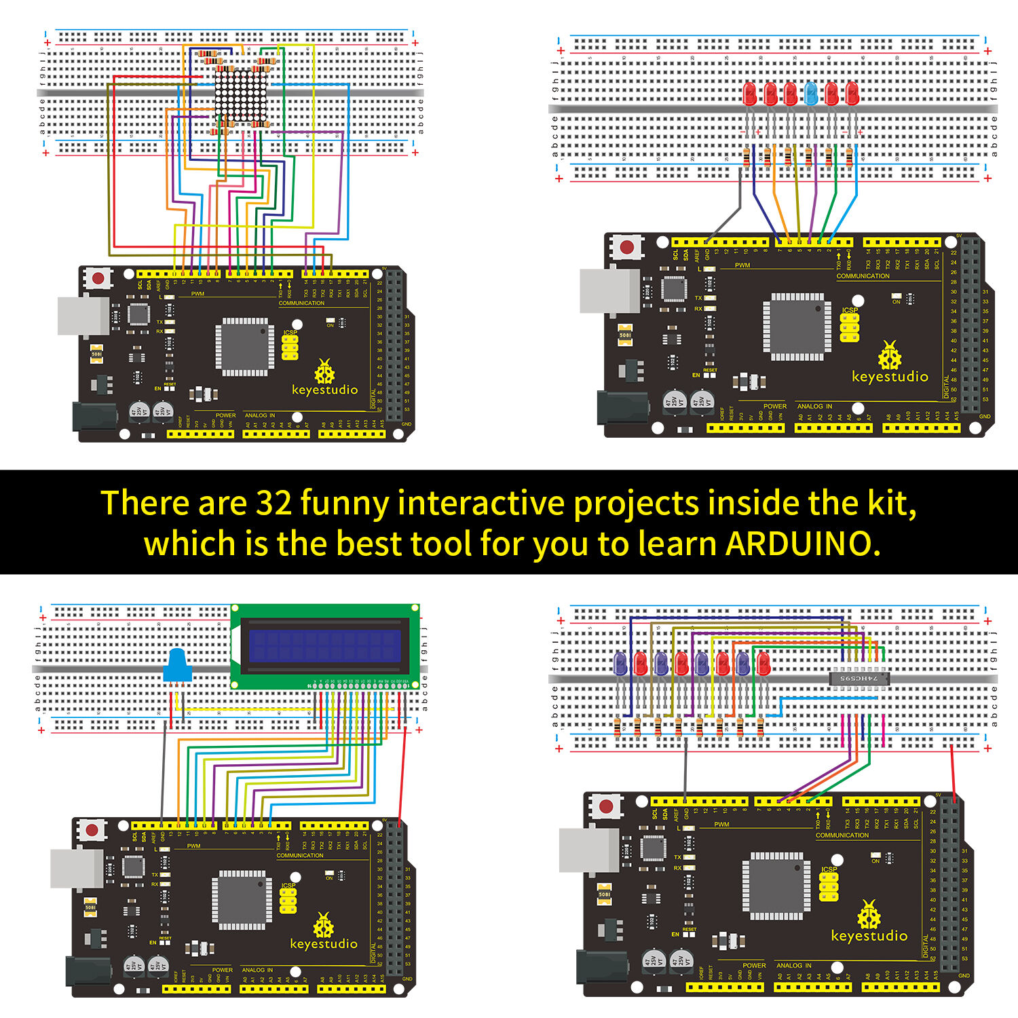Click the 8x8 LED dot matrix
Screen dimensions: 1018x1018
[240, 95]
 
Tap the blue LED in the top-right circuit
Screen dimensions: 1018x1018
[810, 94]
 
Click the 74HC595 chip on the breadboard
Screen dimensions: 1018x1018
[859, 677]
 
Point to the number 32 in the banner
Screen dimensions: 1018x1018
[274, 503]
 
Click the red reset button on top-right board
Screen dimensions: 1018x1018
[627, 248]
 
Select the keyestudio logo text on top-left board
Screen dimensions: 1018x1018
[324, 390]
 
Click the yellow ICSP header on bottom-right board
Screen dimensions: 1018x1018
[829, 886]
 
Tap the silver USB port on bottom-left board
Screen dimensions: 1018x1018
[76, 867]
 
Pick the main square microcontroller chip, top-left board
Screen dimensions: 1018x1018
[245, 347]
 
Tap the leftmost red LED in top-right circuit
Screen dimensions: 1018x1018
[749, 94]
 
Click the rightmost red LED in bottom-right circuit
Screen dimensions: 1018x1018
[763, 663]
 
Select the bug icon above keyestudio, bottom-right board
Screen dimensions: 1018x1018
[869, 915]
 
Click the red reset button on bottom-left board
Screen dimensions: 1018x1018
[92, 829]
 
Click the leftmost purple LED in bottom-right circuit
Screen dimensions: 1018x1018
[620, 663]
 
